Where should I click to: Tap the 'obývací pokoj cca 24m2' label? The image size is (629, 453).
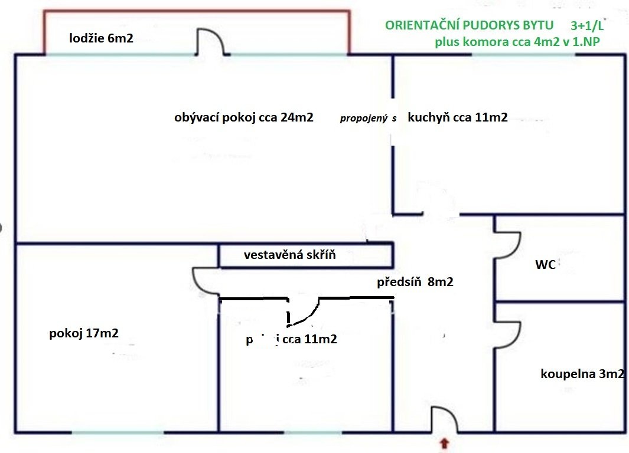coord(243,117)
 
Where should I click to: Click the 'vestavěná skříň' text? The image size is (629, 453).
coord(289,255)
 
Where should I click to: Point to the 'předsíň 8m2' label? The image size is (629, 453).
coord(415,283)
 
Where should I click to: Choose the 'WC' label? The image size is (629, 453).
coord(545,265)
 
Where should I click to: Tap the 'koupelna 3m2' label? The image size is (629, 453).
coord(582,373)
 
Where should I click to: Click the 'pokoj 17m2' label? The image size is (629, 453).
coord(83,333)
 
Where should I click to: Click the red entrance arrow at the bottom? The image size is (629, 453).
coord(444,442)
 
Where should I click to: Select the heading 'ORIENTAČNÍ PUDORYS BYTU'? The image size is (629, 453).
coord(469,26)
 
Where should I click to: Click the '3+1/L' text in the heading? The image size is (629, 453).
coord(587,26)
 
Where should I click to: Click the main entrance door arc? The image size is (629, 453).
coord(445,419)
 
